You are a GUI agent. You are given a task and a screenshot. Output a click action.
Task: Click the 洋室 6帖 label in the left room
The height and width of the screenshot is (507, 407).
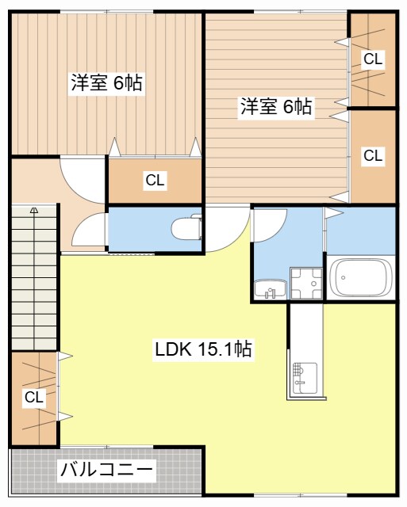coord(106,82)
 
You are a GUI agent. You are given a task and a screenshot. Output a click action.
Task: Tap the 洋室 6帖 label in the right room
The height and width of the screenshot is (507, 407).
coord(276,107)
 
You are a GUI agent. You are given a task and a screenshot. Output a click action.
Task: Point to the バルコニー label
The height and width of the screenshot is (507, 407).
coord(106,470)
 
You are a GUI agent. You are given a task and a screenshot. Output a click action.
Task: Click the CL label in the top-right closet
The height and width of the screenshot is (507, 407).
coord(373,58)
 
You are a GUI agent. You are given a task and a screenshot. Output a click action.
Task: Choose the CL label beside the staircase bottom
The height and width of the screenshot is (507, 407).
coord(33,397)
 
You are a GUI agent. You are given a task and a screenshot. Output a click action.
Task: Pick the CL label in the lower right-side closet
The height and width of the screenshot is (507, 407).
coord(373,156)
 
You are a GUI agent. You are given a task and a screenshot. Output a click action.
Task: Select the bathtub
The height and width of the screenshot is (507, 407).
coord(361,278)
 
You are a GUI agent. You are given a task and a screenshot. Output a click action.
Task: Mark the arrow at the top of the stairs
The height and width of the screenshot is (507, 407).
coord(35,211)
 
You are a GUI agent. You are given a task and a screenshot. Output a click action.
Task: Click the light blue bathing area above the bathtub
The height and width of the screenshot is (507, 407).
coord(361,230)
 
